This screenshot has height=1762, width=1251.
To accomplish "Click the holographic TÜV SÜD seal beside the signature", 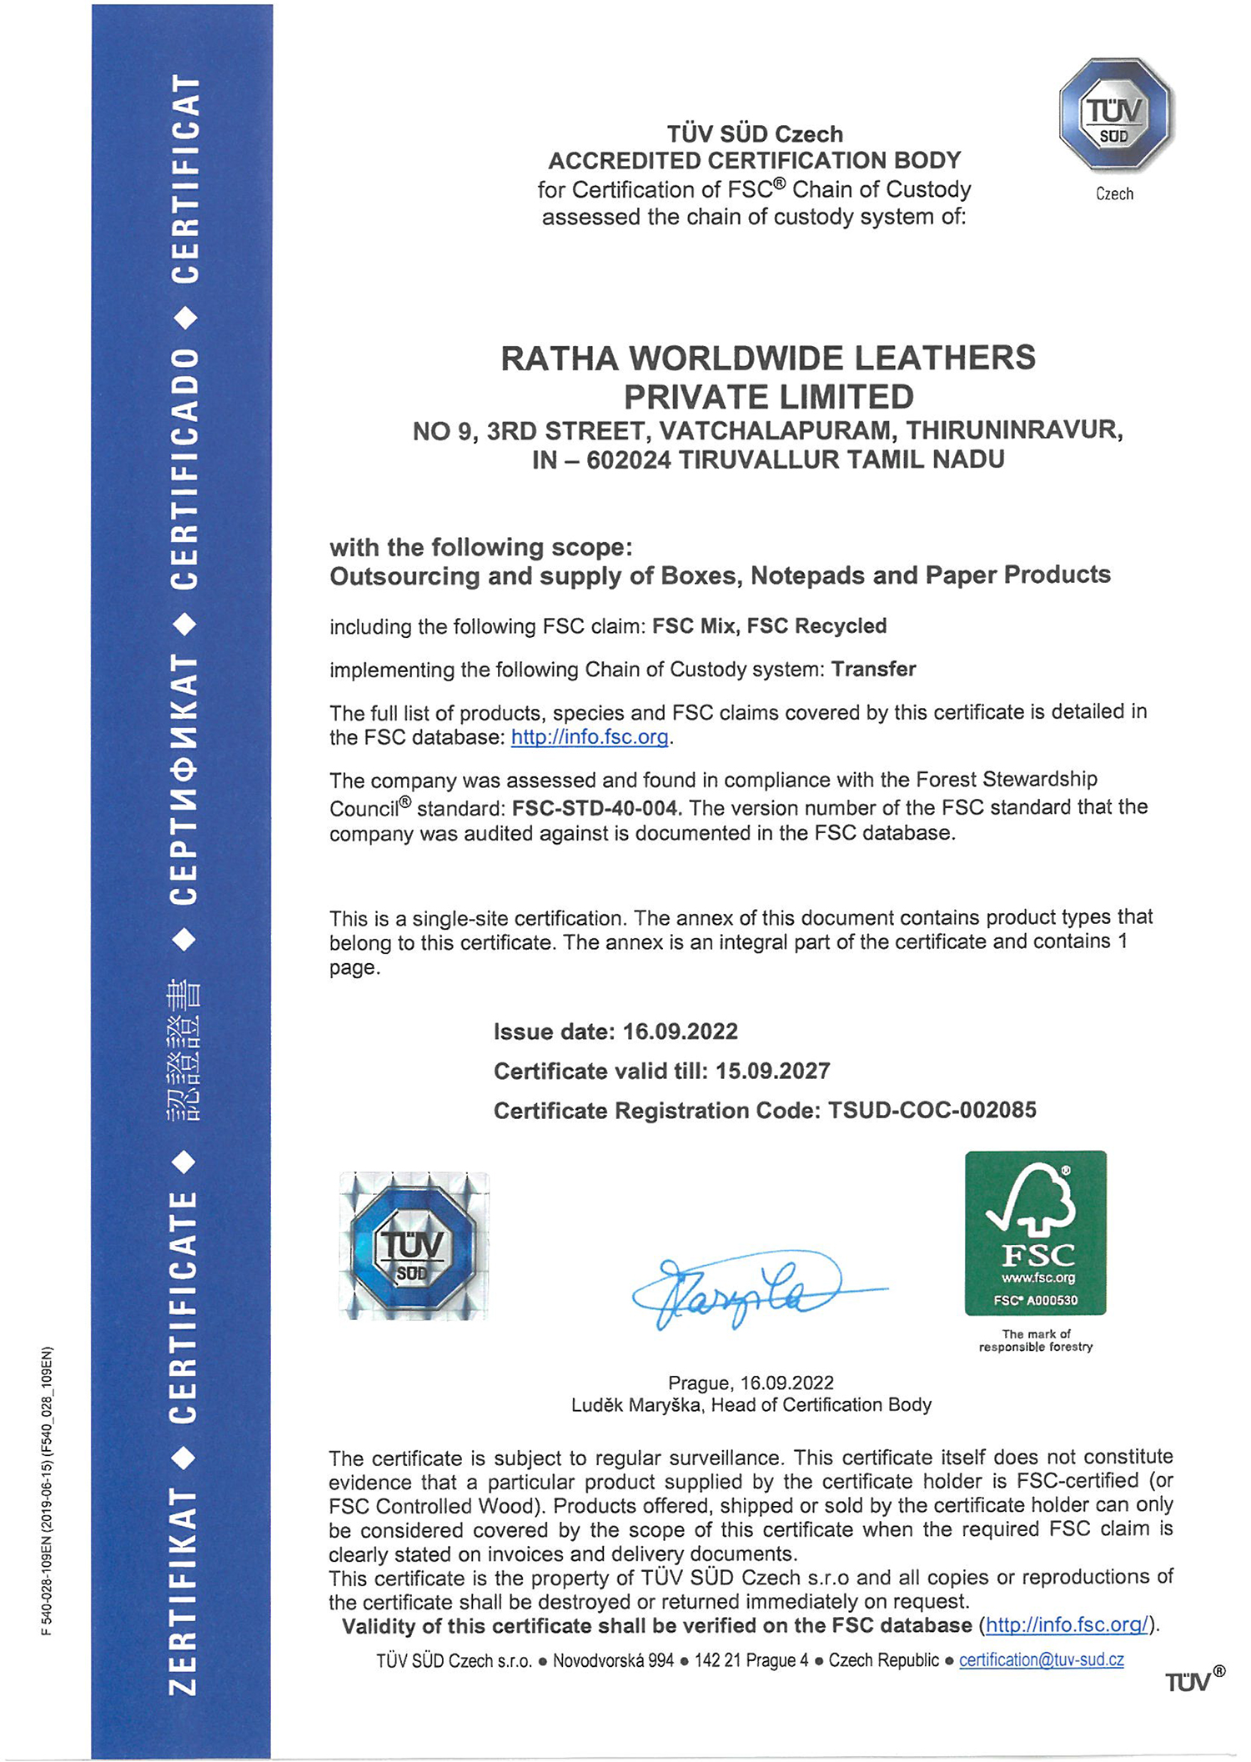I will point(413,1246).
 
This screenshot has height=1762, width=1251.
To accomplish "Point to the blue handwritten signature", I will point(751,1287).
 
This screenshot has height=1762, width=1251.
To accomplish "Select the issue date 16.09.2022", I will point(680,1032).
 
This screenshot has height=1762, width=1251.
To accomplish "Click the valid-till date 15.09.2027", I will point(772,1071).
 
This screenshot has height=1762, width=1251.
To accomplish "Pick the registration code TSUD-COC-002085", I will point(932,1110).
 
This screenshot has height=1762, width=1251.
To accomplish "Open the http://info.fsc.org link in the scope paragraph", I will point(590,737).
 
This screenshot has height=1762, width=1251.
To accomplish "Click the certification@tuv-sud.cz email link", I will point(1041,1659).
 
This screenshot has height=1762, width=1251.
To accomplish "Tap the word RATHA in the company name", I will point(559,359).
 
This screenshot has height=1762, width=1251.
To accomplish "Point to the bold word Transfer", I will point(873,669).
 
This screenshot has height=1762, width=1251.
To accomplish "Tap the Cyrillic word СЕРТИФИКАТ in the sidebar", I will point(183,780).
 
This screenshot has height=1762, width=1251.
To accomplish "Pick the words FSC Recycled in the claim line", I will point(816,625).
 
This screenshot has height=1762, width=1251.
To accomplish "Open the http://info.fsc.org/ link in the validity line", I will point(1066,1624).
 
